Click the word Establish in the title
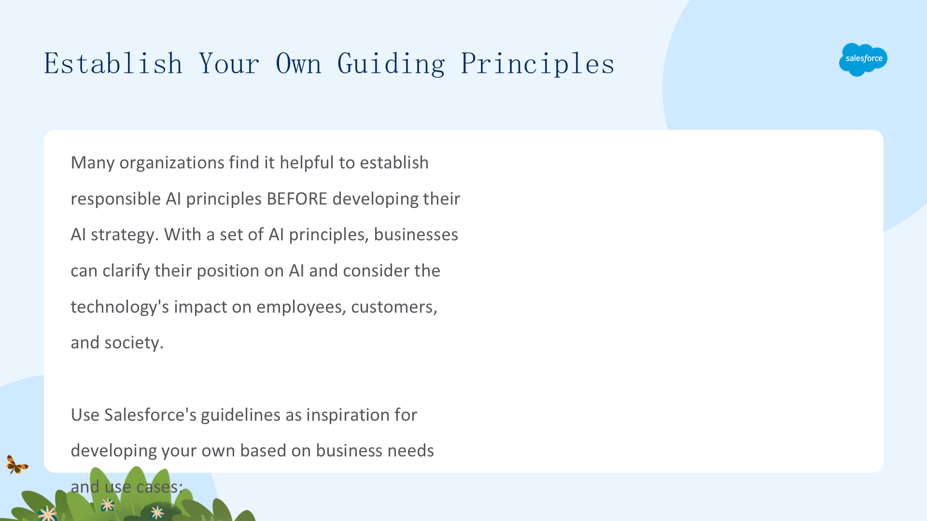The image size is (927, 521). tap(113, 64)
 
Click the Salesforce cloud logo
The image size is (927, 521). tap(863, 59)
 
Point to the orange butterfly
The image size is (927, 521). tap(17, 465)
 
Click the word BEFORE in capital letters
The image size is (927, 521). tap(297, 199)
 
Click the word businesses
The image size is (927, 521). tap(416, 234)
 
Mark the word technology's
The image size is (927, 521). tap(120, 307)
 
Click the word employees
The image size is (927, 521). tap(301, 307)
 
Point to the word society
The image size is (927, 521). tap(134, 343)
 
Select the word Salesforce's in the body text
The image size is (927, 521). tap(150, 415)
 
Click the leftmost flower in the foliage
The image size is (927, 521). tap(47, 513)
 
